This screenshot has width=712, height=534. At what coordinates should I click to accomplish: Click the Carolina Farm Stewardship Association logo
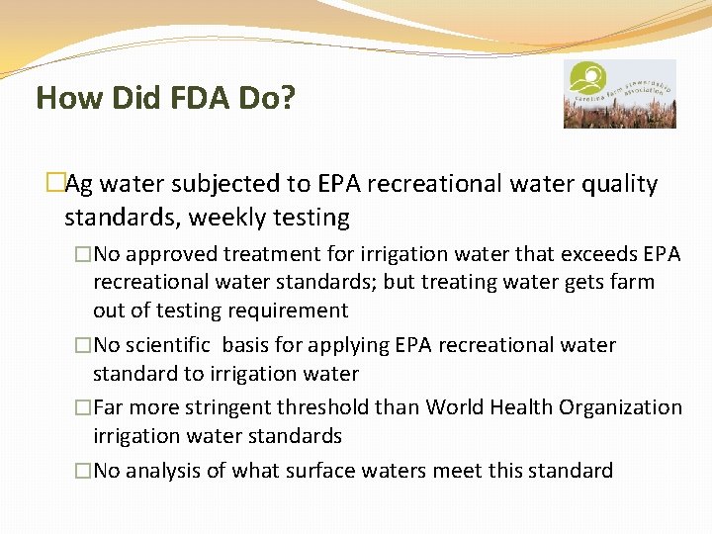(619, 94)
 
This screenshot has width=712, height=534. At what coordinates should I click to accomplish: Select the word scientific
(167, 346)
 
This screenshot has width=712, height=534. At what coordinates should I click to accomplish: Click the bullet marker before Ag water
(55, 185)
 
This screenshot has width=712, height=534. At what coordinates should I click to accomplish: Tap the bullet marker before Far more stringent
(83, 407)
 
